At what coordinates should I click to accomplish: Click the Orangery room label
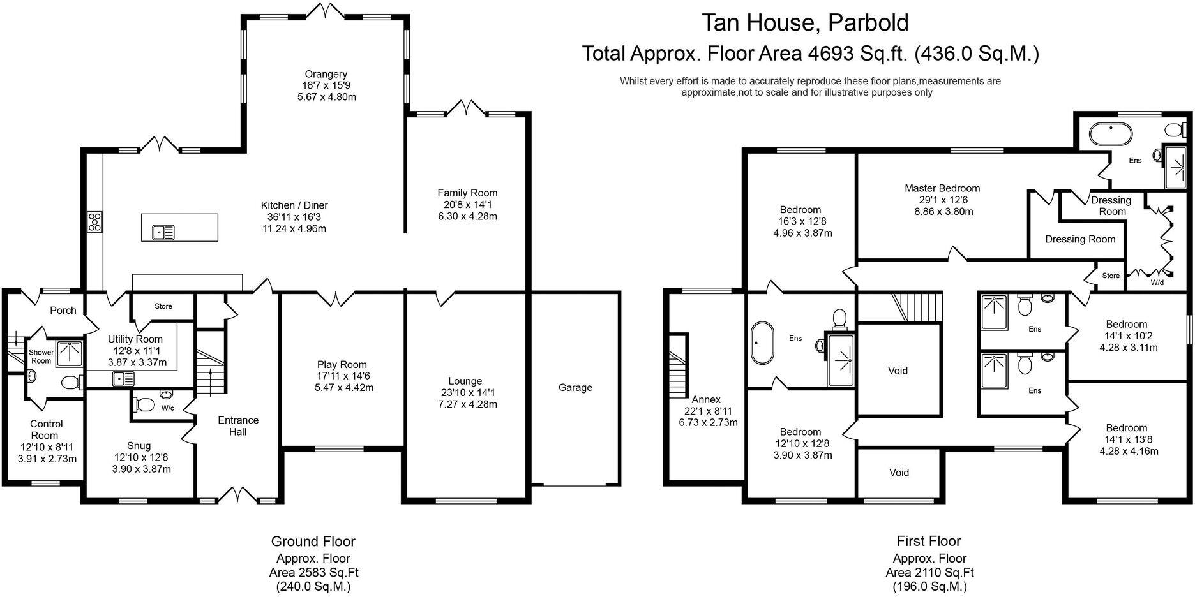coord(326,74)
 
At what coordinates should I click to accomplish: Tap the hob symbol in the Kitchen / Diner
coord(94,221)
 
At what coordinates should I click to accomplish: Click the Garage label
coord(575,387)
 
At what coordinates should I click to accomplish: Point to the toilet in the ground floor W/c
coord(146,405)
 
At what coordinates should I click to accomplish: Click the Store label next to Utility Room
coord(163,306)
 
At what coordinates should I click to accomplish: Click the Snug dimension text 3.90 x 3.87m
coord(142,469)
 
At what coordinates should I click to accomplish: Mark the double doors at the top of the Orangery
coord(326,10)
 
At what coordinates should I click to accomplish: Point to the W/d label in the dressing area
coord(1156,282)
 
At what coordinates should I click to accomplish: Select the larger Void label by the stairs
coord(898,371)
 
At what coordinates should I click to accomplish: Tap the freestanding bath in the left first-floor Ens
coord(762,343)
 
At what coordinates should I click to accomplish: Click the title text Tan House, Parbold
coord(806,23)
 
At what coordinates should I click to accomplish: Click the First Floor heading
coord(928,541)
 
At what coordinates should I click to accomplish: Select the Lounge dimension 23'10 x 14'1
coord(465,392)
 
